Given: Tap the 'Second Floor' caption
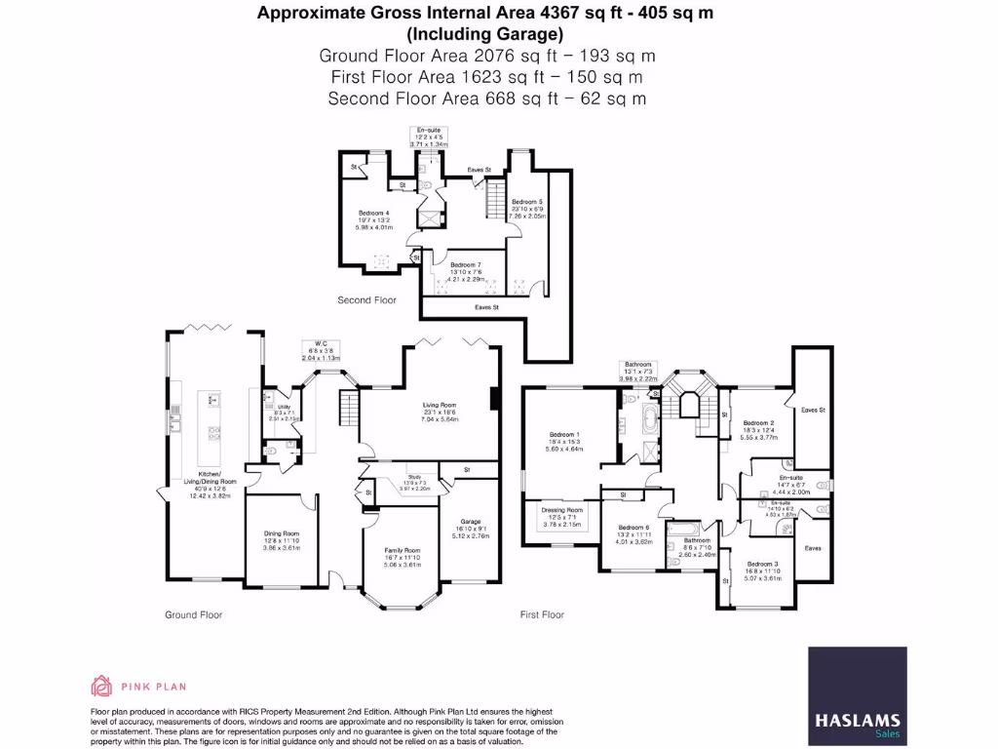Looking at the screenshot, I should [366, 300].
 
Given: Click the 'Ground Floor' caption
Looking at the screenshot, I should [193, 615].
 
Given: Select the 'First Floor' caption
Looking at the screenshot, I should [543, 615].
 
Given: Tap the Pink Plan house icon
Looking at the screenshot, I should [101, 686].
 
